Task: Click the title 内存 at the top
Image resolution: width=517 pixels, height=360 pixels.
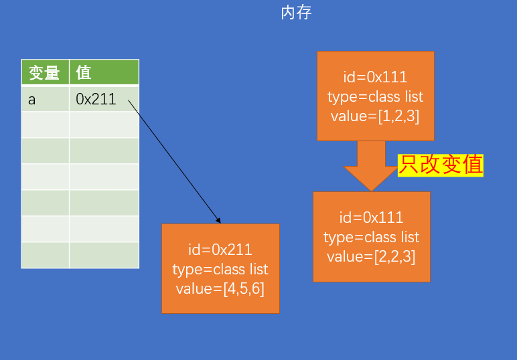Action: (x=296, y=13)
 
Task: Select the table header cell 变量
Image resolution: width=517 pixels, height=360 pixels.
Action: (x=45, y=72)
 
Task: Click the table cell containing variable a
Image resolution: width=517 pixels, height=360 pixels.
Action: (x=45, y=100)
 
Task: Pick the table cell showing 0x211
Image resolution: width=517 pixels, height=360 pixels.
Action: (x=103, y=100)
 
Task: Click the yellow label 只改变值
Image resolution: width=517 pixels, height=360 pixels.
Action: (x=441, y=165)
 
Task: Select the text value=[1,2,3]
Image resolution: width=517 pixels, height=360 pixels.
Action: (x=375, y=116)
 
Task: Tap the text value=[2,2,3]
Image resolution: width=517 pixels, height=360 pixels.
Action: (x=371, y=256)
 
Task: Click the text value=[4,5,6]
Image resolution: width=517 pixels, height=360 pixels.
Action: (x=220, y=288)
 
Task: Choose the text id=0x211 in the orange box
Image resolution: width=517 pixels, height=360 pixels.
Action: (x=220, y=250)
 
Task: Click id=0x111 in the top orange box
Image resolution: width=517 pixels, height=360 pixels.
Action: (x=375, y=77)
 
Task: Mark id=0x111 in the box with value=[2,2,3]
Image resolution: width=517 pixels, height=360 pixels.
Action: (x=371, y=217)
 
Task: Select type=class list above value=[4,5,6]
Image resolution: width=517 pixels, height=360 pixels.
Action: (x=220, y=269)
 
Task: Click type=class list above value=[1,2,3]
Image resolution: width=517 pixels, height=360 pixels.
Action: (x=375, y=96)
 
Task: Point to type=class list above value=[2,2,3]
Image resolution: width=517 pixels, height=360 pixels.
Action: (x=371, y=237)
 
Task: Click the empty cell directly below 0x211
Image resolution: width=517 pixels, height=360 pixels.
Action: (x=104, y=125)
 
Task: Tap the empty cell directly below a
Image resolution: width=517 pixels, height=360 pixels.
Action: (x=45, y=125)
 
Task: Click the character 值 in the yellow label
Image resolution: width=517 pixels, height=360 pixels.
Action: (x=472, y=165)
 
